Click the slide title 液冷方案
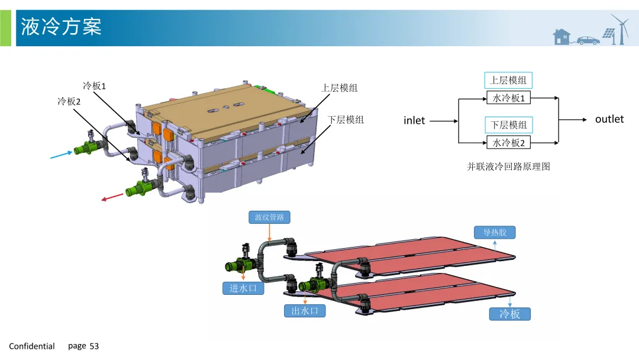[61, 27]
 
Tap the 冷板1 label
[94, 86]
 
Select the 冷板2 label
[69, 101]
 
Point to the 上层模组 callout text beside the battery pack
[339, 88]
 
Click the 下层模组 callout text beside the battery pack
[346, 120]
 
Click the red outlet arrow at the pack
[112, 197]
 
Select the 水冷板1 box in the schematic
[509, 98]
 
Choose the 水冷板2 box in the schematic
[509, 143]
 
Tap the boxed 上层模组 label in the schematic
[509, 81]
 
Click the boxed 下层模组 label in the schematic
[509, 125]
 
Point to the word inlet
[414, 121]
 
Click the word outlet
[609, 119]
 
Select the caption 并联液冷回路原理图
[509, 166]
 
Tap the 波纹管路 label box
[269, 217]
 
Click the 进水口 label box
[243, 288]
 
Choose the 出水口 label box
[305, 310]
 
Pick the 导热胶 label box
[495, 232]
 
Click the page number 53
[94, 346]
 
